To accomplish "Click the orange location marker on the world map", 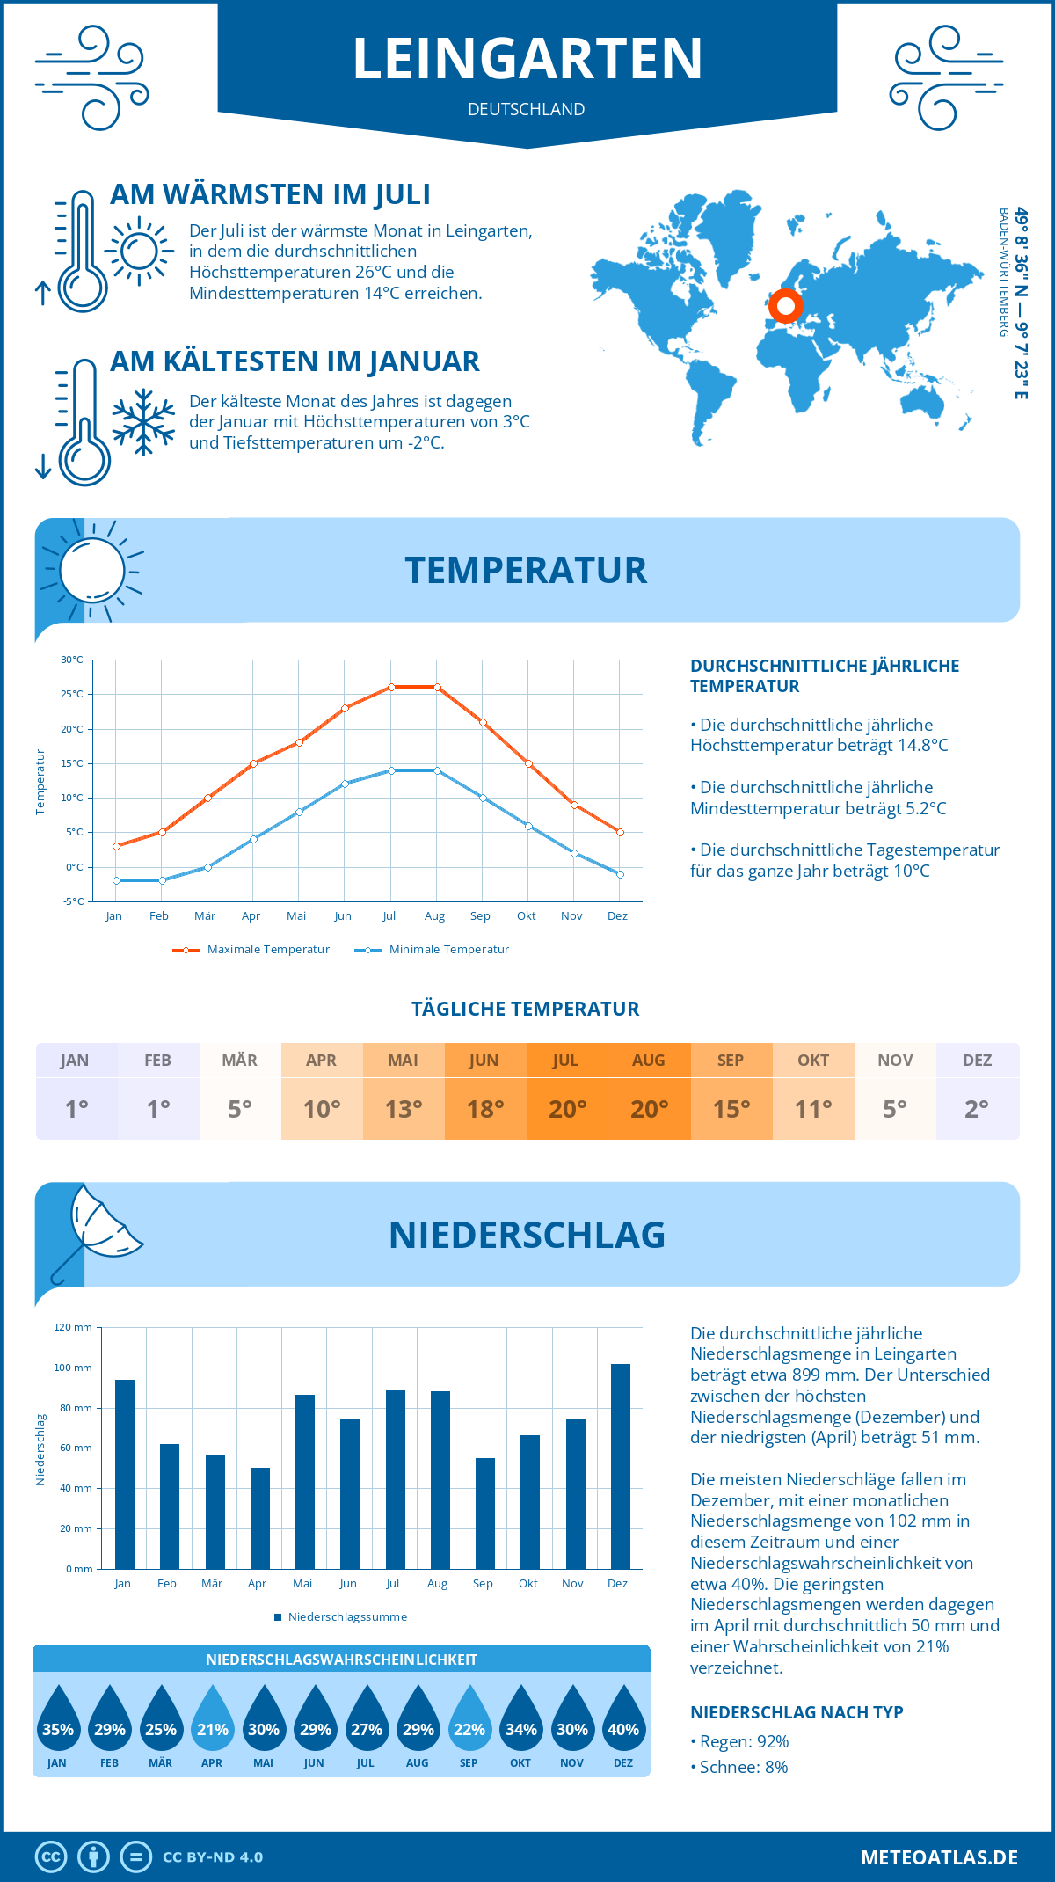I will [785, 306].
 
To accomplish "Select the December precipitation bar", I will [621, 1466].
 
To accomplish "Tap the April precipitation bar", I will [259, 1518].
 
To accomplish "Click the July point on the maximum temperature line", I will [391, 687].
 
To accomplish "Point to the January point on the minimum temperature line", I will [116, 880].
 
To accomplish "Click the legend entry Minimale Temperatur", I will [448, 950].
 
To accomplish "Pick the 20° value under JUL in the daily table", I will [567, 1109].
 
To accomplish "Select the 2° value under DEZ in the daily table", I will [976, 1109].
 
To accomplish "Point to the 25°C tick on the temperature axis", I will [72, 694].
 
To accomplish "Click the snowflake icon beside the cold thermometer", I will [143, 422].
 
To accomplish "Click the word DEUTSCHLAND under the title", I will [527, 109].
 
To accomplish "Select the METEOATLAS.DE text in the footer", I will [939, 1857].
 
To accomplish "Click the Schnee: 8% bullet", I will [743, 1768].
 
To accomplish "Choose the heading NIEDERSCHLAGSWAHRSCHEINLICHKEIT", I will [341, 1660].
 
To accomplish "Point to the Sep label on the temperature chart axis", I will [480, 916].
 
